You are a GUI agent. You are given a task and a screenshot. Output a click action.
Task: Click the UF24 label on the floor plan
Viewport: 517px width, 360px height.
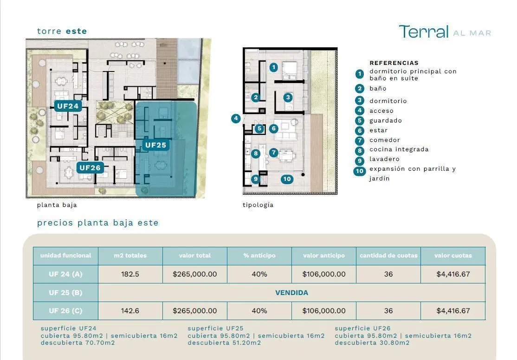pos(68,106)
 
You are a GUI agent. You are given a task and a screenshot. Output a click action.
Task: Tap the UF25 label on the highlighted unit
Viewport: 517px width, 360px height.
pos(155,145)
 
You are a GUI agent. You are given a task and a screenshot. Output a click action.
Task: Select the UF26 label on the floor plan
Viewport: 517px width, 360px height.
pos(90,168)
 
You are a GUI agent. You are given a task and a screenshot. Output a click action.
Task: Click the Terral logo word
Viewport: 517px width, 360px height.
pos(424,32)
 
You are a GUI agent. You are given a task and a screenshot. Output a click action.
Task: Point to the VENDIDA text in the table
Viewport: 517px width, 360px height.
pos(292,293)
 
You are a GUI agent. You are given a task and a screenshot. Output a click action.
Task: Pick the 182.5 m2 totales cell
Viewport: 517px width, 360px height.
pos(130,274)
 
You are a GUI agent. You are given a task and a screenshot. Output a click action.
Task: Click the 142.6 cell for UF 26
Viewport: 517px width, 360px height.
pos(130,311)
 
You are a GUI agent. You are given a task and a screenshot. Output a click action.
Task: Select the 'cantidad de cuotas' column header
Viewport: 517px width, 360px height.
pos(388,256)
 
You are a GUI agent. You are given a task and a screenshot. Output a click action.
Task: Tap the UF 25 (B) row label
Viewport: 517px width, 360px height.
pos(65,293)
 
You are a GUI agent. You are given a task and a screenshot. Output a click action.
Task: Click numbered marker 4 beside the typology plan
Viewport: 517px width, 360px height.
pos(236,118)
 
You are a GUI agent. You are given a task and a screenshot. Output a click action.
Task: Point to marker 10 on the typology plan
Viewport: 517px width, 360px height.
pos(287,179)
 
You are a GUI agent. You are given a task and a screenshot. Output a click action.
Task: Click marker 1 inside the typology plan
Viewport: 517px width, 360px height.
pos(274,68)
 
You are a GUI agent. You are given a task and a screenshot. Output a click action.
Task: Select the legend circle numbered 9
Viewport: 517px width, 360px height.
pos(360,161)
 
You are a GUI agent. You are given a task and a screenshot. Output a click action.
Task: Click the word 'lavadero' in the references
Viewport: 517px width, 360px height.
pos(384,159)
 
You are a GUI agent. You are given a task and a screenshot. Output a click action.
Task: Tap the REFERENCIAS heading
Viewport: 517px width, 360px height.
pos(394,63)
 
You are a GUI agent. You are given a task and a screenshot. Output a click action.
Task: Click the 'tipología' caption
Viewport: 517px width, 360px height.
pos(258,205)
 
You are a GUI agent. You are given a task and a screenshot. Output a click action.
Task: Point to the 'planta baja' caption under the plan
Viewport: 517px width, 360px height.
pos(57,205)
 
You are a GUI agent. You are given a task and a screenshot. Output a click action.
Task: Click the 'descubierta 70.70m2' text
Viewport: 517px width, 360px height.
pos(78,343)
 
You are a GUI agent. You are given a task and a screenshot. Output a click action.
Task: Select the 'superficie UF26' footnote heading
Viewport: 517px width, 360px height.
pos(362,328)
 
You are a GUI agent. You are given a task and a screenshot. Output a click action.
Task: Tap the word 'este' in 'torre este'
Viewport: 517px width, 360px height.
pos(77,32)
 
